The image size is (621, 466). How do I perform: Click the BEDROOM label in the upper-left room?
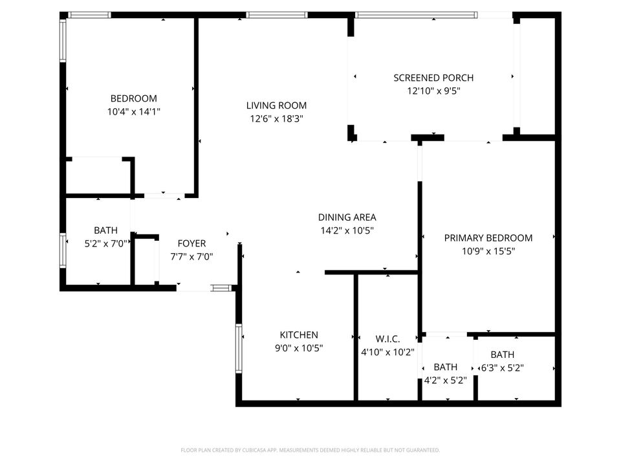(x=133, y=98)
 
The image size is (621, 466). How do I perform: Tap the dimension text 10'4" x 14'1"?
(x=133, y=111)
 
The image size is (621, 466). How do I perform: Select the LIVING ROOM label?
(x=276, y=105)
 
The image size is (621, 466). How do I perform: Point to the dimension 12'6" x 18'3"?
(x=276, y=118)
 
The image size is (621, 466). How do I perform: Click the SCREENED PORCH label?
(x=433, y=78)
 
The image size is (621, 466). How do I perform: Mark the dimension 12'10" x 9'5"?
(x=433, y=91)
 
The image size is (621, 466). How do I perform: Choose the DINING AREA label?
(x=347, y=217)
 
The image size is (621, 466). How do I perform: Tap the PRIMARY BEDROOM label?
(x=488, y=238)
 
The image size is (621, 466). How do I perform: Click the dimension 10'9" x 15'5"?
(x=488, y=251)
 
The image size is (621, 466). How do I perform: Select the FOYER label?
(x=191, y=243)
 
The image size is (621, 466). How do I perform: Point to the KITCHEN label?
(x=298, y=335)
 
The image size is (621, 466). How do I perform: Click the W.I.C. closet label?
(x=387, y=339)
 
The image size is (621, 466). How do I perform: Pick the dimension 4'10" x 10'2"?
(x=387, y=352)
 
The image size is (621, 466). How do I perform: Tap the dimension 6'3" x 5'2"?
(x=502, y=368)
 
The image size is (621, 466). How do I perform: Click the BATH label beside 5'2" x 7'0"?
(x=106, y=230)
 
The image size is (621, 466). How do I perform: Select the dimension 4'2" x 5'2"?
(x=445, y=380)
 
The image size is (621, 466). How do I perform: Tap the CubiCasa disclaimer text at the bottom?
(x=310, y=450)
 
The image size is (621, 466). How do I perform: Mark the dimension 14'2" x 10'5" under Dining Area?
(x=347, y=230)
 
